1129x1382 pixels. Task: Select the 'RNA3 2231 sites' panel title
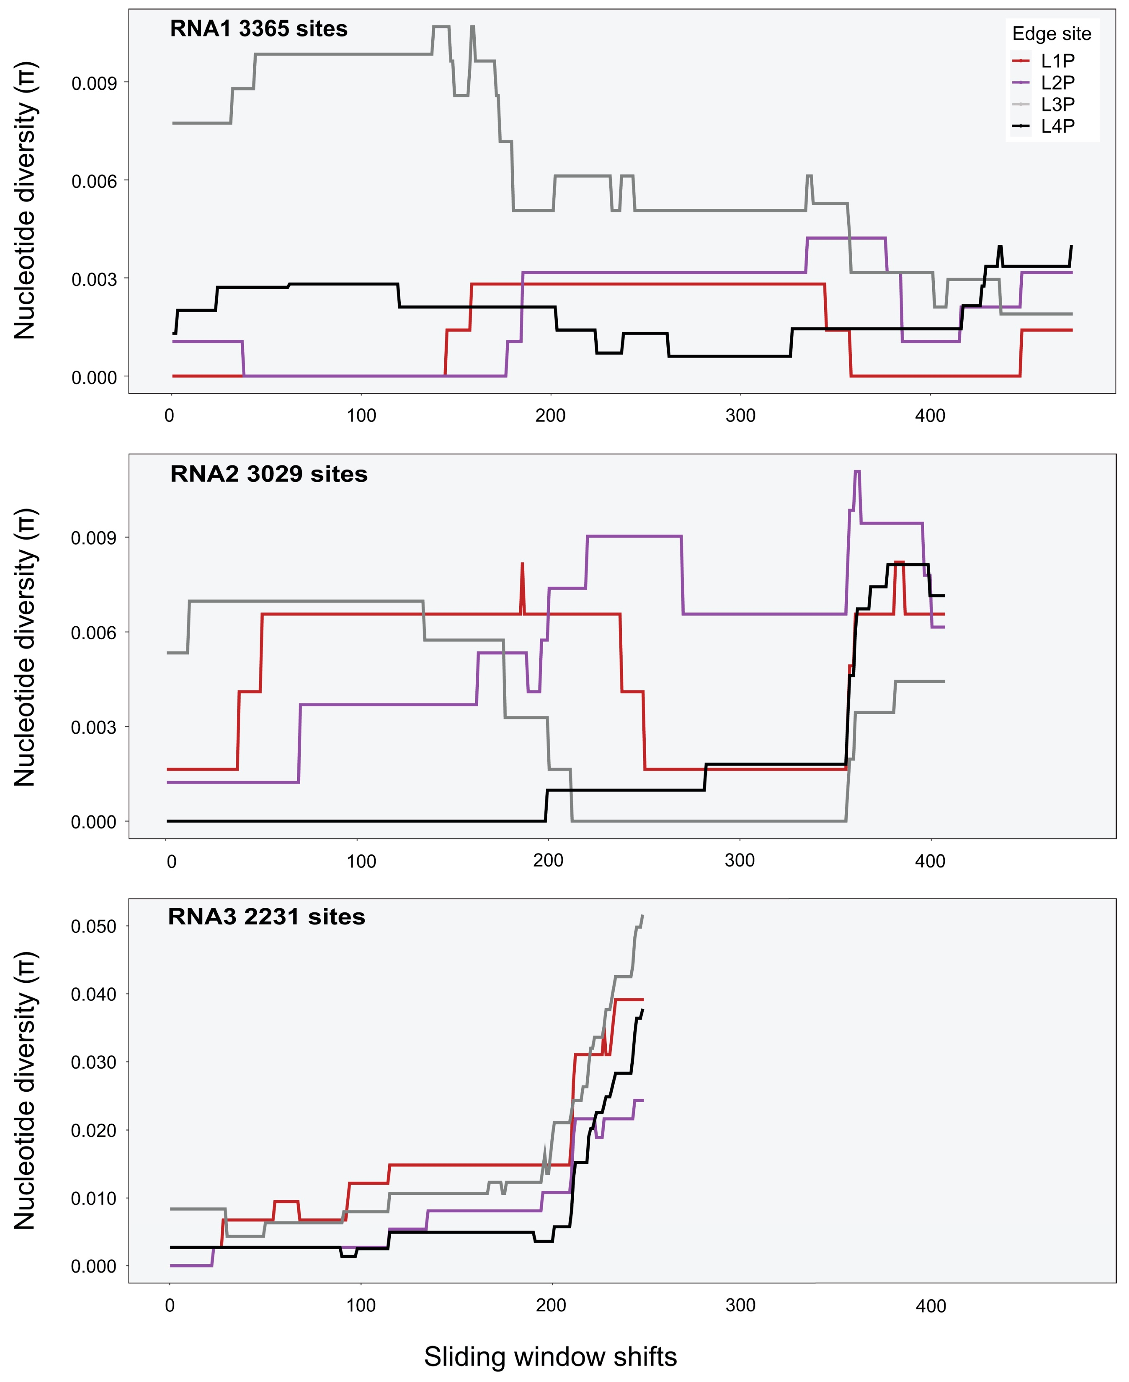[x=267, y=917]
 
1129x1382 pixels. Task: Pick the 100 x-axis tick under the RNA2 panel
[x=361, y=861]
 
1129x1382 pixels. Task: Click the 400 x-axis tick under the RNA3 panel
[x=930, y=1306]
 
